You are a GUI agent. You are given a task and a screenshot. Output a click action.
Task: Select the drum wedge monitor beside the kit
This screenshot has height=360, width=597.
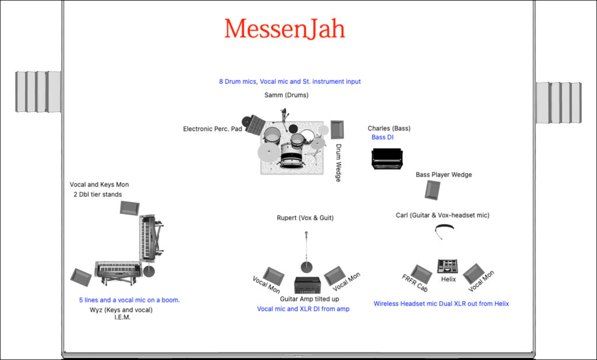pyautogui.click(x=337, y=129)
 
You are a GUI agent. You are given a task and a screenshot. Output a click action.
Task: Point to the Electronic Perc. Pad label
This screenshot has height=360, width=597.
pyautogui.click(x=212, y=129)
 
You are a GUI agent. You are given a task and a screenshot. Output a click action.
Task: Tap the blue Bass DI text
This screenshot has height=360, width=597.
pyautogui.click(x=382, y=137)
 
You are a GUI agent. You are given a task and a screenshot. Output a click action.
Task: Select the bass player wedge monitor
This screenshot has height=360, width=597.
pyautogui.click(x=433, y=190)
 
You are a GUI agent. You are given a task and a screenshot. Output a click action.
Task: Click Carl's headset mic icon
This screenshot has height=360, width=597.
pyautogui.click(x=445, y=231)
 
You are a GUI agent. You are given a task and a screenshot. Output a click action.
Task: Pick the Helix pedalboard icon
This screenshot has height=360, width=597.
pyautogui.click(x=447, y=266)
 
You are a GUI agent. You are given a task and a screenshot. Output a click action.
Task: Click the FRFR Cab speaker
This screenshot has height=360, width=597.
pyautogui.click(x=421, y=274)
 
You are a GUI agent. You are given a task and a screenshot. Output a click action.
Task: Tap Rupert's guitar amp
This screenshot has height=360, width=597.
pyautogui.click(x=307, y=285)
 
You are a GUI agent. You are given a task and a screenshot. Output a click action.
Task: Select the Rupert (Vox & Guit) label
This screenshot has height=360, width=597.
pyautogui.click(x=305, y=218)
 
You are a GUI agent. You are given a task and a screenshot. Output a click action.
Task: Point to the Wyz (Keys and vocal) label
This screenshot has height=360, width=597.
pyautogui.click(x=121, y=310)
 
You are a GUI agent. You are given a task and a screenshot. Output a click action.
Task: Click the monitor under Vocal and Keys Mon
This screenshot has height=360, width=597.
pyautogui.click(x=129, y=207)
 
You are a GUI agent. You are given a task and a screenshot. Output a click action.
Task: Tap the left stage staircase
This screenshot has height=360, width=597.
pyautogui.click(x=38, y=91)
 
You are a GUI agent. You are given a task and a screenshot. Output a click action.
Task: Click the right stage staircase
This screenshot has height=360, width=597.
pyautogui.click(x=559, y=103)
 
